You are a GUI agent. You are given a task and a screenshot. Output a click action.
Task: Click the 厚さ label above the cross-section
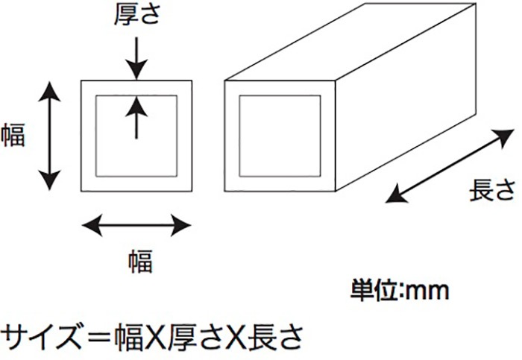tap(137, 15)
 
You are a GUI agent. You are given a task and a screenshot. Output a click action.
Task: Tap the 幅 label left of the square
tap(13, 135)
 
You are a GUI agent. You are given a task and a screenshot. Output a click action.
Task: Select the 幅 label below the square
tap(140, 261)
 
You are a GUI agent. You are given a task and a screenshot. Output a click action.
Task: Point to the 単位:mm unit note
tap(400, 291)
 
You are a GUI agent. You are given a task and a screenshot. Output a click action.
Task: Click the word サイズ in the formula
tap(41, 337)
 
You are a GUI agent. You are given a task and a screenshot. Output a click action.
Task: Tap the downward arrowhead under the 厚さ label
tap(136, 69)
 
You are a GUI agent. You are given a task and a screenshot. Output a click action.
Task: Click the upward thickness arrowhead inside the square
tap(136, 106)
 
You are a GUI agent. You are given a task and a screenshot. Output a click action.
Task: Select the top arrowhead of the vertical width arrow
tap(50, 91)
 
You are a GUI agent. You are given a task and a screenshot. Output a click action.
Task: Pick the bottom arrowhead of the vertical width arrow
tap(50, 180)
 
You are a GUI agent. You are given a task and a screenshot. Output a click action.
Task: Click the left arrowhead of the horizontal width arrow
tap(92, 225)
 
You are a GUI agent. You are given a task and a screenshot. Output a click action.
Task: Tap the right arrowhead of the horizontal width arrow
tap(180, 225)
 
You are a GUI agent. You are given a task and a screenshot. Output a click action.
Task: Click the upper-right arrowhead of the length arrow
tap(503, 137)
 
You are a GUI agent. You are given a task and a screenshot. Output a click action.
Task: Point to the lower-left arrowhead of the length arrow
tap(396, 195)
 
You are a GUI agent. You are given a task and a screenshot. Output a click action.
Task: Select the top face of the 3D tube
tap(350, 42)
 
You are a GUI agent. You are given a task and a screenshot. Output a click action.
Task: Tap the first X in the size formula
tap(155, 337)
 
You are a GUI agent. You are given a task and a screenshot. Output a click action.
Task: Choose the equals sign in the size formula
tap(98, 337)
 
